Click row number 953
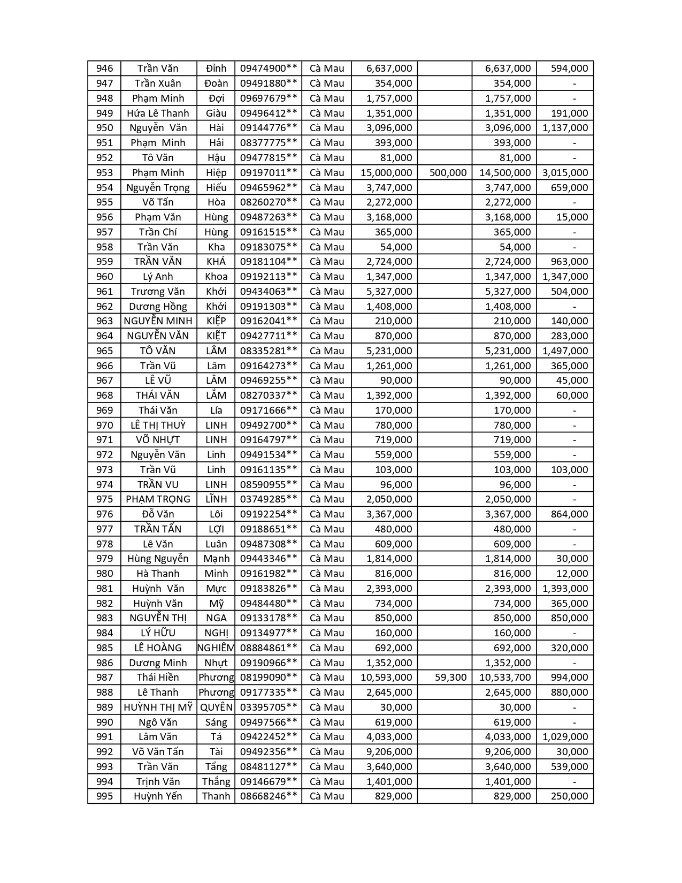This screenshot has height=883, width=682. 104,172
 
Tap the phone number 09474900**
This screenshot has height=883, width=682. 268,68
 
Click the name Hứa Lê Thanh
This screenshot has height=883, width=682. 158,113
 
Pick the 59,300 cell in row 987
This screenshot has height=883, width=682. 450,677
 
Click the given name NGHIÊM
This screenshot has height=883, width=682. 216,648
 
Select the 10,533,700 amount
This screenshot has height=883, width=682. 505,677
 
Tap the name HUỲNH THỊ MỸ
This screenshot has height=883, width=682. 158,707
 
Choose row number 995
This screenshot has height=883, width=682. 104,796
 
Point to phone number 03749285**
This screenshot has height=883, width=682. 268,499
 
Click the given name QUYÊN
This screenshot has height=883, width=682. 216,707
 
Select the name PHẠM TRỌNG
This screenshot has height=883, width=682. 158,499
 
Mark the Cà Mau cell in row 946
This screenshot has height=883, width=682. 326,68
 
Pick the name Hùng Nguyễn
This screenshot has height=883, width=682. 158,558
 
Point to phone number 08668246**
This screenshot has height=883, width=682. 268,796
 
